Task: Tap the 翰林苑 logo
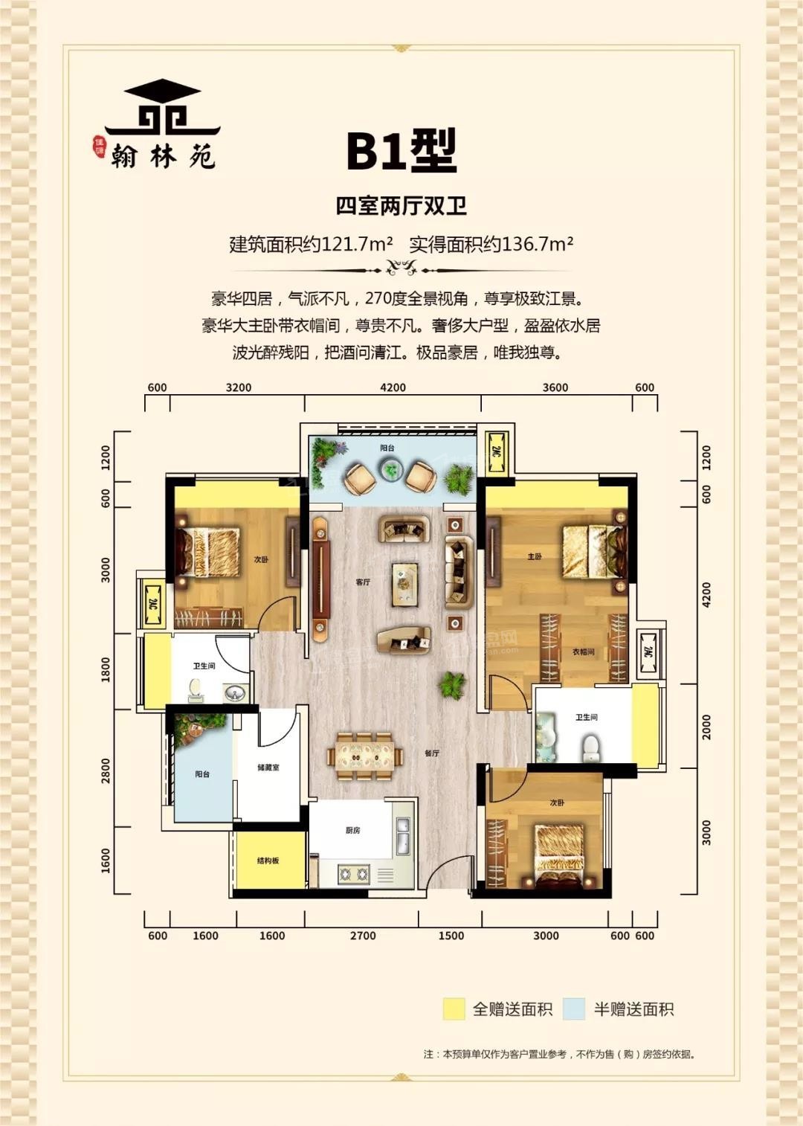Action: coord(162,126)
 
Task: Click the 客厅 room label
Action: coord(363,582)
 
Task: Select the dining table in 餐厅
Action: coord(365,756)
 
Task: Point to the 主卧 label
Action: coord(535,556)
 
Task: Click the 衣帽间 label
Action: coord(584,652)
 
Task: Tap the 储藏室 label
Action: coord(268,767)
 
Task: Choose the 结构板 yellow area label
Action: coord(268,860)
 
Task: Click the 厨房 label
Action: coord(352,830)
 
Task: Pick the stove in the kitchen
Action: coord(354,874)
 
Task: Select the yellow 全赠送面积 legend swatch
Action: coord(454,1009)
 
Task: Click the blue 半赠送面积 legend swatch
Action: coord(574,1009)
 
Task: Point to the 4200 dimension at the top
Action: coord(393,387)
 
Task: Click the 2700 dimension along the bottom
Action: coord(363,936)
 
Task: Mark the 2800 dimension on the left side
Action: coord(106,770)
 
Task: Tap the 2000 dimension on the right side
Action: coord(706,727)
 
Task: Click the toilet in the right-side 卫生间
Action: coord(591,748)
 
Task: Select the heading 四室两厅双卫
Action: coord(401,206)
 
